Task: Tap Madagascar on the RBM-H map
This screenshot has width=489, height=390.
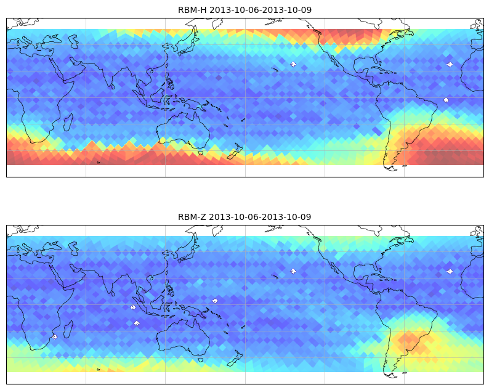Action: [x=68, y=122]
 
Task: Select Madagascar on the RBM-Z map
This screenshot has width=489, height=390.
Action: [x=68, y=329]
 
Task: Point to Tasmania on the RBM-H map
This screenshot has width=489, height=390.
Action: [x=201, y=153]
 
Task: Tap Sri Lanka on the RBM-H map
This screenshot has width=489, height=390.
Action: [x=113, y=86]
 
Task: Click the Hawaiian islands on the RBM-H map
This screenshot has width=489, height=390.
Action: [x=275, y=69]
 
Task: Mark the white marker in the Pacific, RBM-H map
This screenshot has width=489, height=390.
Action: [x=293, y=64]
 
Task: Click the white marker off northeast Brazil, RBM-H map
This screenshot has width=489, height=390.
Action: [x=446, y=100]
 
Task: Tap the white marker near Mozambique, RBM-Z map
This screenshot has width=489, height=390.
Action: [x=55, y=337]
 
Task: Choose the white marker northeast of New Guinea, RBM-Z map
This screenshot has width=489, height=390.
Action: [x=215, y=301]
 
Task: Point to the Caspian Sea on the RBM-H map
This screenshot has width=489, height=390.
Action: [x=74, y=41]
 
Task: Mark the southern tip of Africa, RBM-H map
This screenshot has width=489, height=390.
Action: [x=33, y=142]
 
